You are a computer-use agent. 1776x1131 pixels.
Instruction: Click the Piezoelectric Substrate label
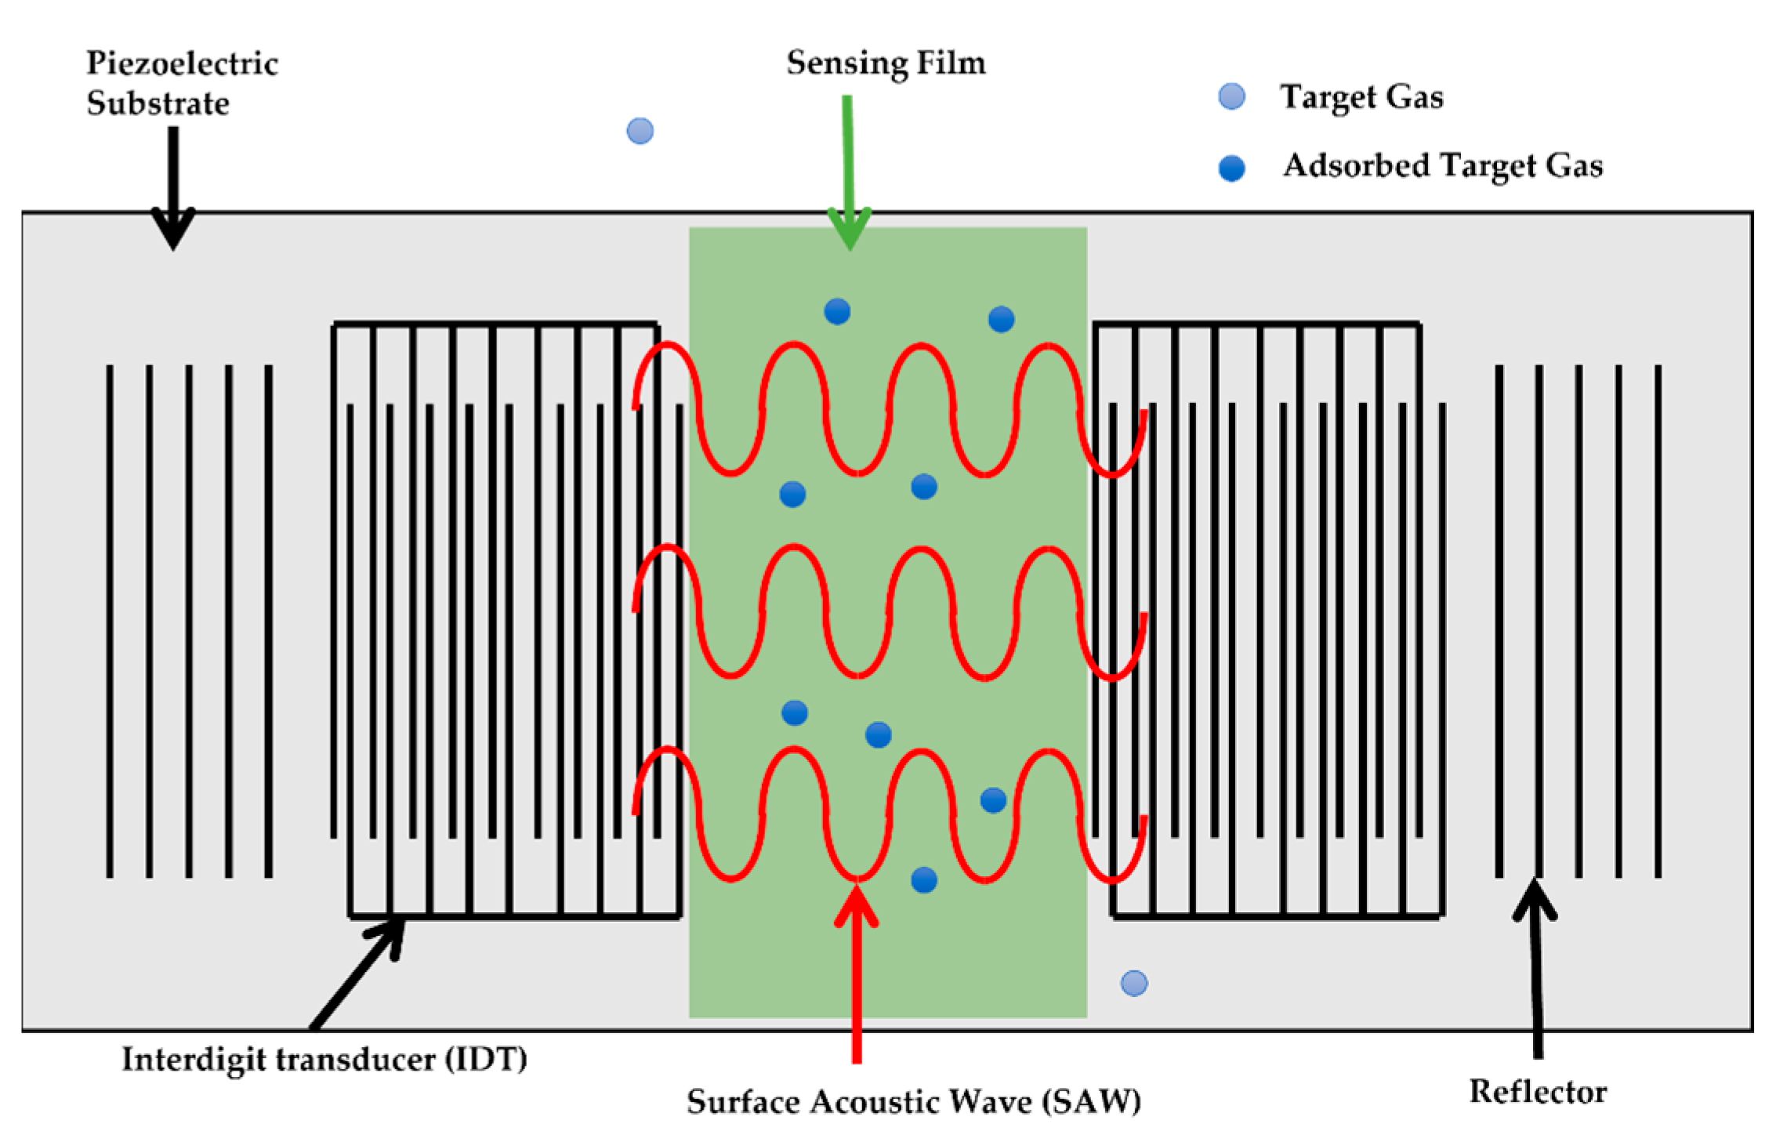pos(181,82)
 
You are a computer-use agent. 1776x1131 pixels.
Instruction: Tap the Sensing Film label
pos(886,63)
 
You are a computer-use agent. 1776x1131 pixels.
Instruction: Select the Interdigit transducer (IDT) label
pos(324,1059)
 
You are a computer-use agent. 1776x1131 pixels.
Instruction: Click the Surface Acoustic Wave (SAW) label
pos(913,1101)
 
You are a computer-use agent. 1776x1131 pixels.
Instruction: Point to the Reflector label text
pos(1537,1091)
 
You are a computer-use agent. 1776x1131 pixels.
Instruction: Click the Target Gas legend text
pos(1361,96)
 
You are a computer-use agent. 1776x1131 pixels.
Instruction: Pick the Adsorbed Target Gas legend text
pos(1442,165)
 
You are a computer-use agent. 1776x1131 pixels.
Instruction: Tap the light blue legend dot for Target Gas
pos(1231,96)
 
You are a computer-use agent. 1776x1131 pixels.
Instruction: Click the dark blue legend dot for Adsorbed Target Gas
pos(1231,168)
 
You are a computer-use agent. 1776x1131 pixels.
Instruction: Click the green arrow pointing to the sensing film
pos(848,172)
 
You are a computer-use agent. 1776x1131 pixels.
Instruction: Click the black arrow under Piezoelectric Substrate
pos(173,188)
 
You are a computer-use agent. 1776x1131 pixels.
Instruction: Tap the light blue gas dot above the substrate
pos(640,131)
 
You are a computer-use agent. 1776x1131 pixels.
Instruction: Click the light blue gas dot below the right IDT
pos(1133,983)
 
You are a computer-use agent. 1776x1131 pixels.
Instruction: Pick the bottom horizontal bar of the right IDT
pos(1278,915)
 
